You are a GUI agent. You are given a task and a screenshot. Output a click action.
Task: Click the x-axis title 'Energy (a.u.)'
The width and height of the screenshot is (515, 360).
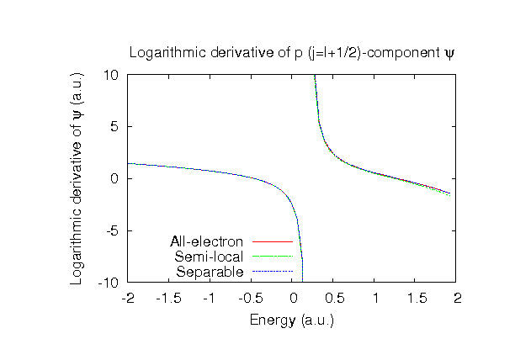click(292, 320)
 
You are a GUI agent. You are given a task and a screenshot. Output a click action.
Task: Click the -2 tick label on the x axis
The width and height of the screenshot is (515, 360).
click(128, 299)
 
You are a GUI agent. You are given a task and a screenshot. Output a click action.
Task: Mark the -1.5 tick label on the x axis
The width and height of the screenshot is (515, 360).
click(168, 299)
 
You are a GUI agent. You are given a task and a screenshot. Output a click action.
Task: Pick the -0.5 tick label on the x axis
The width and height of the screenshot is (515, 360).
click(251, 299)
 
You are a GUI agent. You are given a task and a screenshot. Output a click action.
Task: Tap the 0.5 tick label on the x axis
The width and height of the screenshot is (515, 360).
click(334, 299)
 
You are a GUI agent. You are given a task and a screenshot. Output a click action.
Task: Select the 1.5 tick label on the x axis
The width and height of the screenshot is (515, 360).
click(417, 299)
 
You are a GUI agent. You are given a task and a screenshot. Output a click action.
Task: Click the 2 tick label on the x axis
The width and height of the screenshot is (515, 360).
click(458, 299)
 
